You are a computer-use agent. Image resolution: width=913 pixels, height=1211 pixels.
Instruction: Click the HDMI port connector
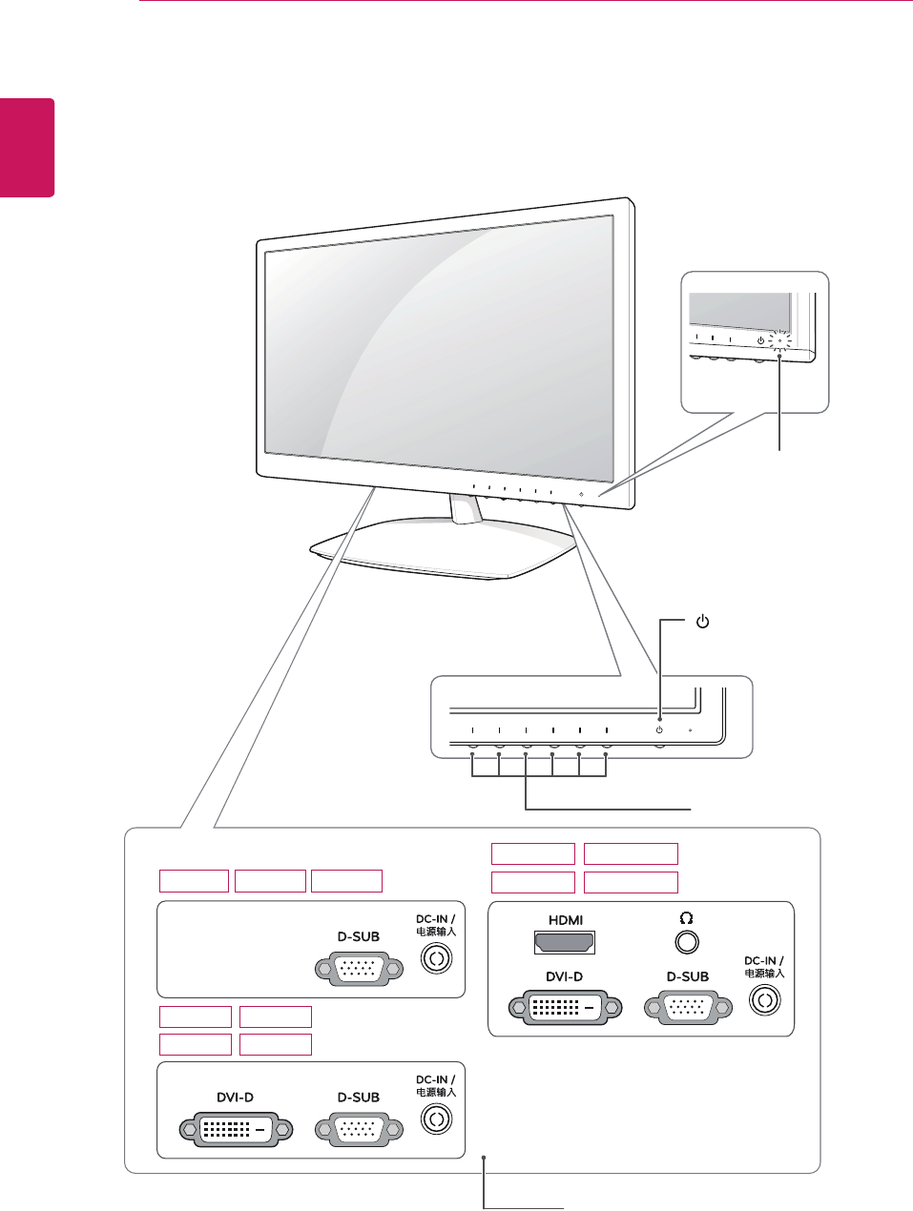click(564, 943)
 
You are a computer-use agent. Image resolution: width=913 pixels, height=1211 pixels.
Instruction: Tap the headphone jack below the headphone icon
click(686, 942)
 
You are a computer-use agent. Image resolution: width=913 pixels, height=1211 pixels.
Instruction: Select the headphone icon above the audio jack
click(686, 918)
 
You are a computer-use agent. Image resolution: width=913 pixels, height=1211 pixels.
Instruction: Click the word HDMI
click(566, 920)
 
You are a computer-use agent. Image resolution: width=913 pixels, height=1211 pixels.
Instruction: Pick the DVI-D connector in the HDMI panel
click(565, 1006)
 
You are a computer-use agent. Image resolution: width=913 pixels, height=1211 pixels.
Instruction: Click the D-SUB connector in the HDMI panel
click(689, 1006)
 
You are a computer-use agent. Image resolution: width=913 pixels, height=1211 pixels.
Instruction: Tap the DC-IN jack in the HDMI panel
click(764, 999)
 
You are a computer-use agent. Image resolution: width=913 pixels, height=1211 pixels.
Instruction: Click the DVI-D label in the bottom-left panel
click(236, 1098)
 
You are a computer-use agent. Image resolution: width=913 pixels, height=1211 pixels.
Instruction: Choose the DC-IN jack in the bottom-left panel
click(436, 1119)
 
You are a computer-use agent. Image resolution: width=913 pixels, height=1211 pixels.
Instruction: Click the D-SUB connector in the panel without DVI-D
click(359, 968)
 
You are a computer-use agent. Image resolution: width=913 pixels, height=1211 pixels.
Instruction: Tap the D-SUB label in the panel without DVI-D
click(359, 936)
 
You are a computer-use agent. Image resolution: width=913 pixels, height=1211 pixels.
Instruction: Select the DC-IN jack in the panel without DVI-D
click(436, 958)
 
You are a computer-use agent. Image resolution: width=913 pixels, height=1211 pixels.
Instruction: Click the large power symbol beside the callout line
click(702, 623)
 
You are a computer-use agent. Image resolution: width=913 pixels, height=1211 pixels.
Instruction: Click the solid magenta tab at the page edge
click(27, 147)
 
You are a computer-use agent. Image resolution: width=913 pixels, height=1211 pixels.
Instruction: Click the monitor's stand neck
click(467, 509)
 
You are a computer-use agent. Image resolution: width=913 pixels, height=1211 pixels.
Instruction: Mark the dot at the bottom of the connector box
click(485, 1158)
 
